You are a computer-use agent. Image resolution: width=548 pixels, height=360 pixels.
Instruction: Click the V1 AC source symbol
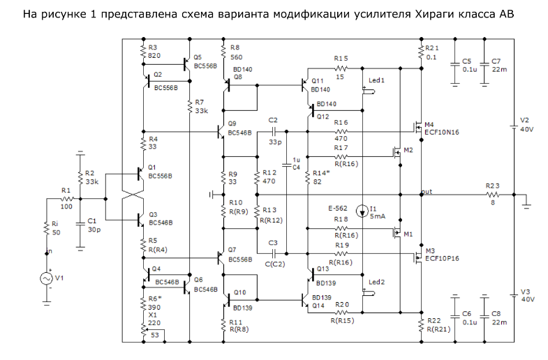pos(49,278)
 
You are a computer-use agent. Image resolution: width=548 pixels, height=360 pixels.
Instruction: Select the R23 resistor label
pos(493,186)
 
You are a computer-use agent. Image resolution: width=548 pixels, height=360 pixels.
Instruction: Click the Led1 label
pos(376,81)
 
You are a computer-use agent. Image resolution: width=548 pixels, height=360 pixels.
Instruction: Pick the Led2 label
pos(376,282)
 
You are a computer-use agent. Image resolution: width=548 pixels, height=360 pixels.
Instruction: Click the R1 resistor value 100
pos(66,207)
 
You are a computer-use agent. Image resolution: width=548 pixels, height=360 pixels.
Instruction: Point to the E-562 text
pos(339,208)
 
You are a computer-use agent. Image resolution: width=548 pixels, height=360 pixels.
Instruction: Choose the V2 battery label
pos(524,119)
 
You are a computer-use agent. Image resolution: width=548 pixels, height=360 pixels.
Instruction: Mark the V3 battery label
pos(524,291)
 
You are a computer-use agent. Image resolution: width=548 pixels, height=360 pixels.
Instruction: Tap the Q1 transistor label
pos(152,167)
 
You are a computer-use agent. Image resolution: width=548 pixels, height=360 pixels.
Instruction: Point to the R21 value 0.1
pos(431,57)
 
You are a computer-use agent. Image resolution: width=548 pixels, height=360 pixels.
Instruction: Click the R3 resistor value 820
pos(154,55)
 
